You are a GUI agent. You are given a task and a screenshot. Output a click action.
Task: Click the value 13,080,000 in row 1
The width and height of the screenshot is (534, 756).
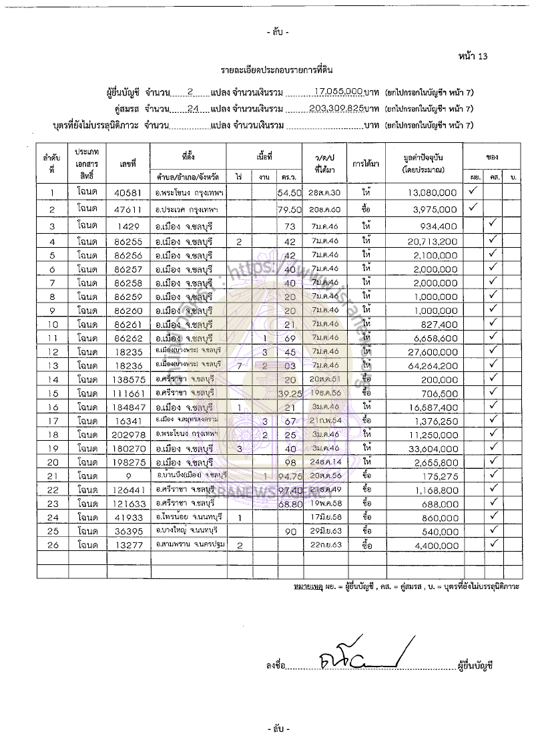coord(432,192)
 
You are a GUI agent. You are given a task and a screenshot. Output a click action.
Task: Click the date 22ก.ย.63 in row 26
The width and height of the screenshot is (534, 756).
coord(324,544)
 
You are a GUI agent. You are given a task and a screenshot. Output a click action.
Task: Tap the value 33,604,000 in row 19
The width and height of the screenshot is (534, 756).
coord(432,452)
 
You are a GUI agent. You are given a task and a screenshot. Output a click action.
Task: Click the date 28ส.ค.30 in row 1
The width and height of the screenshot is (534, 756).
coord(324,192)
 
